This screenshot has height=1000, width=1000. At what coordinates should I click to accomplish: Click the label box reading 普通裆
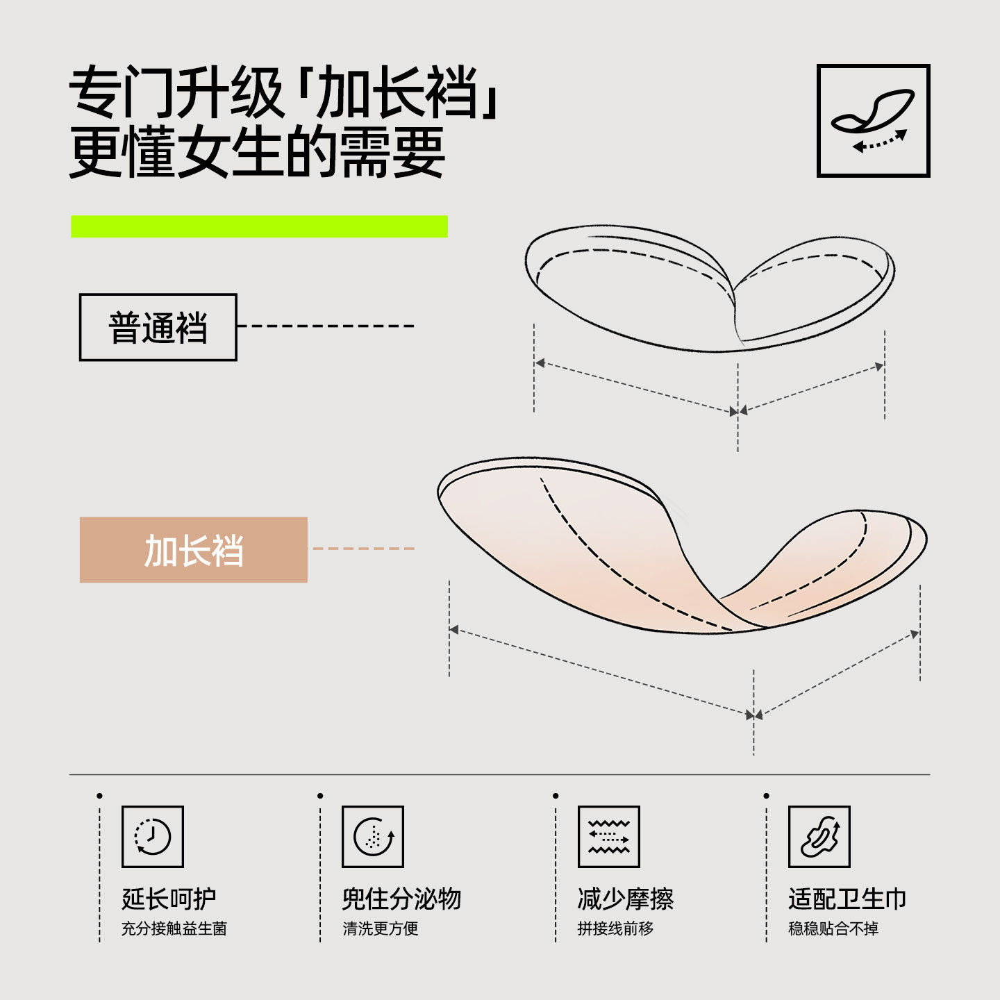pyautogui.click(x=158, y=327)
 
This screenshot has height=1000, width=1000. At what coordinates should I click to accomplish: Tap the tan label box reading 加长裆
pyautogui.click(x=193, y=550)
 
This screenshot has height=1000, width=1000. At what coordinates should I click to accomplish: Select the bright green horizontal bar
pyautogui.click(x=259, y=226)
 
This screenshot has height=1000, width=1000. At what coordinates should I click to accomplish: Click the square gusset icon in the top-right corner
pyautogui.click(x=873, y=121)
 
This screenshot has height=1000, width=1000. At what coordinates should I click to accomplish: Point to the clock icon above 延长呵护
pyautogui.click(x=153, y=837)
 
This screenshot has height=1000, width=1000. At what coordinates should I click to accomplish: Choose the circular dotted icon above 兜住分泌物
pyautogui.click(x=373, y=837)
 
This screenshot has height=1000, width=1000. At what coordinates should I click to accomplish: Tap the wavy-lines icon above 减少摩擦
pyautogui.click(x=609, y=837)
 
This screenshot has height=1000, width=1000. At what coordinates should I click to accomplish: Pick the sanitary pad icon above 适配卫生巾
pyautogui.click(x=819, y=837)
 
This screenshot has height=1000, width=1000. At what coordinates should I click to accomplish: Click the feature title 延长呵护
pyautogui.click(x=169, y=899)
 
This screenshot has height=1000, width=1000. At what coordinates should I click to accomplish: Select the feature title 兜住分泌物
pyautogui.click(x=401, y=899)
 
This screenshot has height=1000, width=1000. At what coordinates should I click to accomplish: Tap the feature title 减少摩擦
pyautogui.click(x=626, y=899)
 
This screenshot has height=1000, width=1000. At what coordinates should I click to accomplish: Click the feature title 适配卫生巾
pyautogui.click(x=847, y=899)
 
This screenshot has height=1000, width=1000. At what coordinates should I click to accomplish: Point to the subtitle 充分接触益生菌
pyautogui.click(x=174, y=928)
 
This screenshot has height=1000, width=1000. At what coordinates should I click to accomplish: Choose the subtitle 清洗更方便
pyautogui.click(x=381, y=928)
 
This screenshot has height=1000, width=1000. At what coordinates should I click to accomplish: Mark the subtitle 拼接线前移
pyautogui.click(x=615, y=928)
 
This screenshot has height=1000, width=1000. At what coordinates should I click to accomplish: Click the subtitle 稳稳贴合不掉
pyautogui.click(x=833, y=928)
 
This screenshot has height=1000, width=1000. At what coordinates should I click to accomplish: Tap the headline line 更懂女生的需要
pyautogui.click(x=257, y=153)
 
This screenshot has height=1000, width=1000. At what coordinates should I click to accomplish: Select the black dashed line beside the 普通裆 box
pyautogui.click(x=326, y=326)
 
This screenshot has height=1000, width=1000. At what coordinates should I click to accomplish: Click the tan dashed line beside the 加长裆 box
pyautogui.click(x=362, y=549)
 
